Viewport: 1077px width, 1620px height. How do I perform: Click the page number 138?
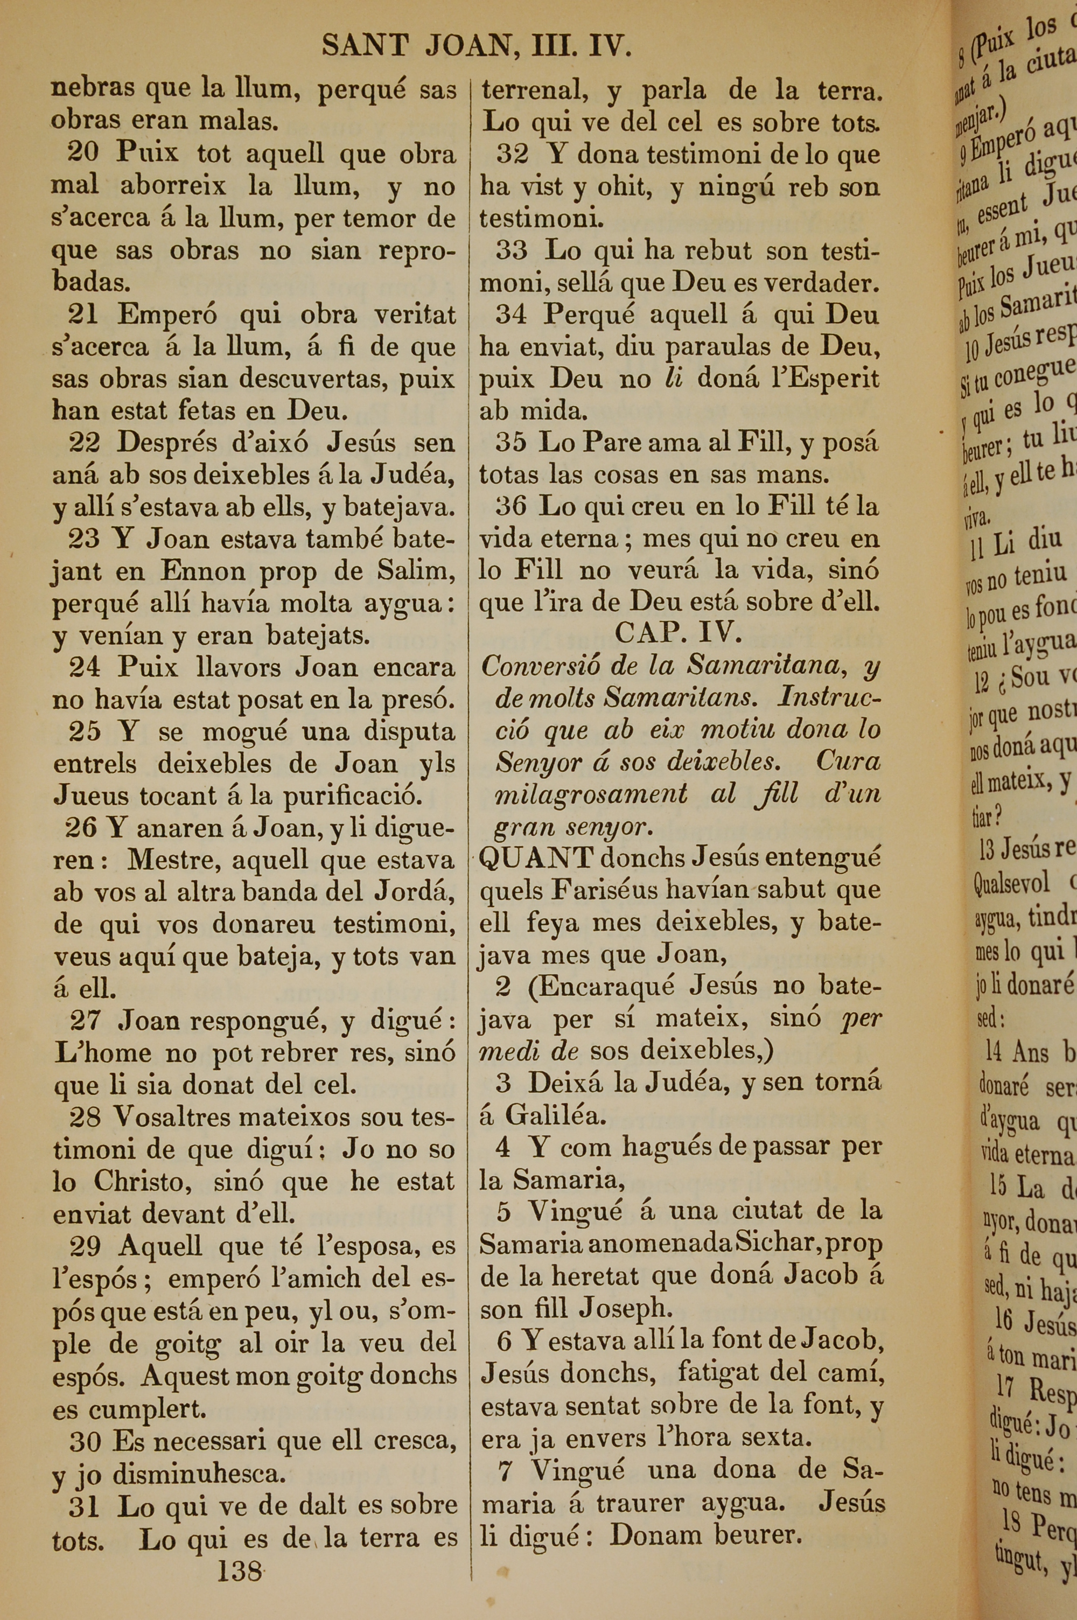tap(239, 1570)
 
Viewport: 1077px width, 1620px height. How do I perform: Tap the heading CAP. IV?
tap(678, 632)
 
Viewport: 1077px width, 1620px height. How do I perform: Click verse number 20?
tap(82, 152)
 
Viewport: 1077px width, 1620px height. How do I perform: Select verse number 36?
tap(511, 507)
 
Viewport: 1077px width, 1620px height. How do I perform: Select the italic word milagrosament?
tap(591, 794)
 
